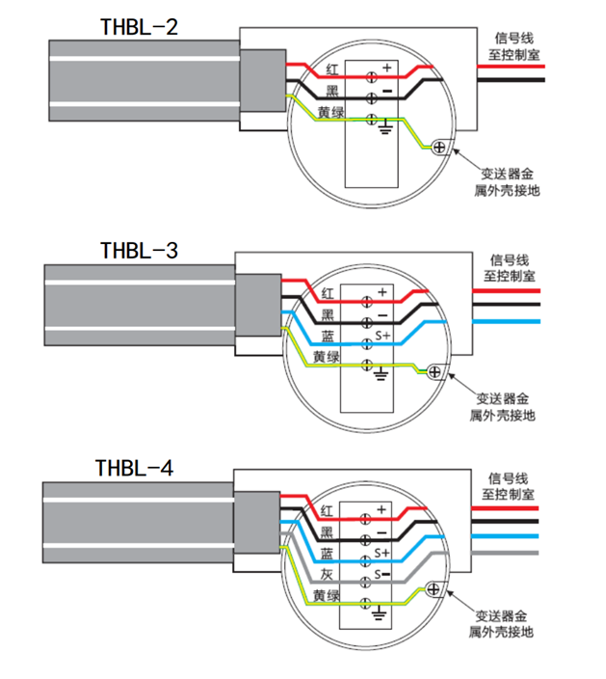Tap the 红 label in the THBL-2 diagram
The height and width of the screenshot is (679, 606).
coord(331,70)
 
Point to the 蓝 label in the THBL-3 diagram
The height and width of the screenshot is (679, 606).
coord(328,336)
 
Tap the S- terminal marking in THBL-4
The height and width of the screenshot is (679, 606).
coord(382,576)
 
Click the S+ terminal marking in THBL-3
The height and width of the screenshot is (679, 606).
coord(382,337)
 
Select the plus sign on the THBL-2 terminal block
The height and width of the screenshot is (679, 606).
coord(385,68)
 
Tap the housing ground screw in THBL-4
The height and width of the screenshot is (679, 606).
coord(433,589)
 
